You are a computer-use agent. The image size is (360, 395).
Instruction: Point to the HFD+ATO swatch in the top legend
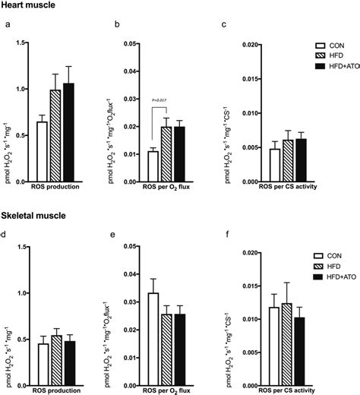point(308,68)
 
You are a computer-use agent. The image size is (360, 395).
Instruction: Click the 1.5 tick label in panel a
point(22,45)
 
